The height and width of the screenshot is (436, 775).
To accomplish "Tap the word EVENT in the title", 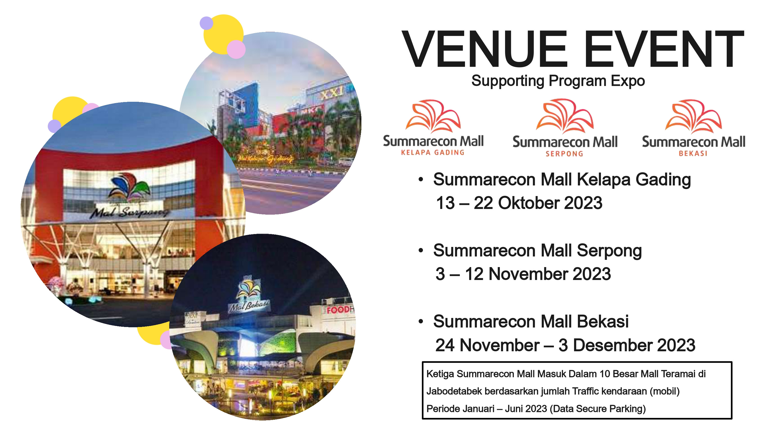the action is coord(664,49).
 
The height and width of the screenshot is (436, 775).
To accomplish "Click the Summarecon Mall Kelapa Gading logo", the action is coord(433,128).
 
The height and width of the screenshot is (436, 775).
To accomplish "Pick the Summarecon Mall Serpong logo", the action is coord(565,128).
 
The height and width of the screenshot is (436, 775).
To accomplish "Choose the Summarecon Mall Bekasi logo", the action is coord(693,128).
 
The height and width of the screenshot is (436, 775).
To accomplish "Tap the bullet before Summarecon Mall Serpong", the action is coord(421,250).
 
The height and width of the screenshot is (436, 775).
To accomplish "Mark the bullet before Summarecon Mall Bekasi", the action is coord(421,321).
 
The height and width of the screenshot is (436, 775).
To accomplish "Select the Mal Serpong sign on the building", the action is coord(130,212).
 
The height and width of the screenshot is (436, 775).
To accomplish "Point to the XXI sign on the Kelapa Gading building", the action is coord(331,93).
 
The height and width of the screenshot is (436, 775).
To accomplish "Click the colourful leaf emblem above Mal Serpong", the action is coord(130,187).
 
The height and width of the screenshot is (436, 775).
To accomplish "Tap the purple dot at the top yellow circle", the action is coord(206,23).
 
